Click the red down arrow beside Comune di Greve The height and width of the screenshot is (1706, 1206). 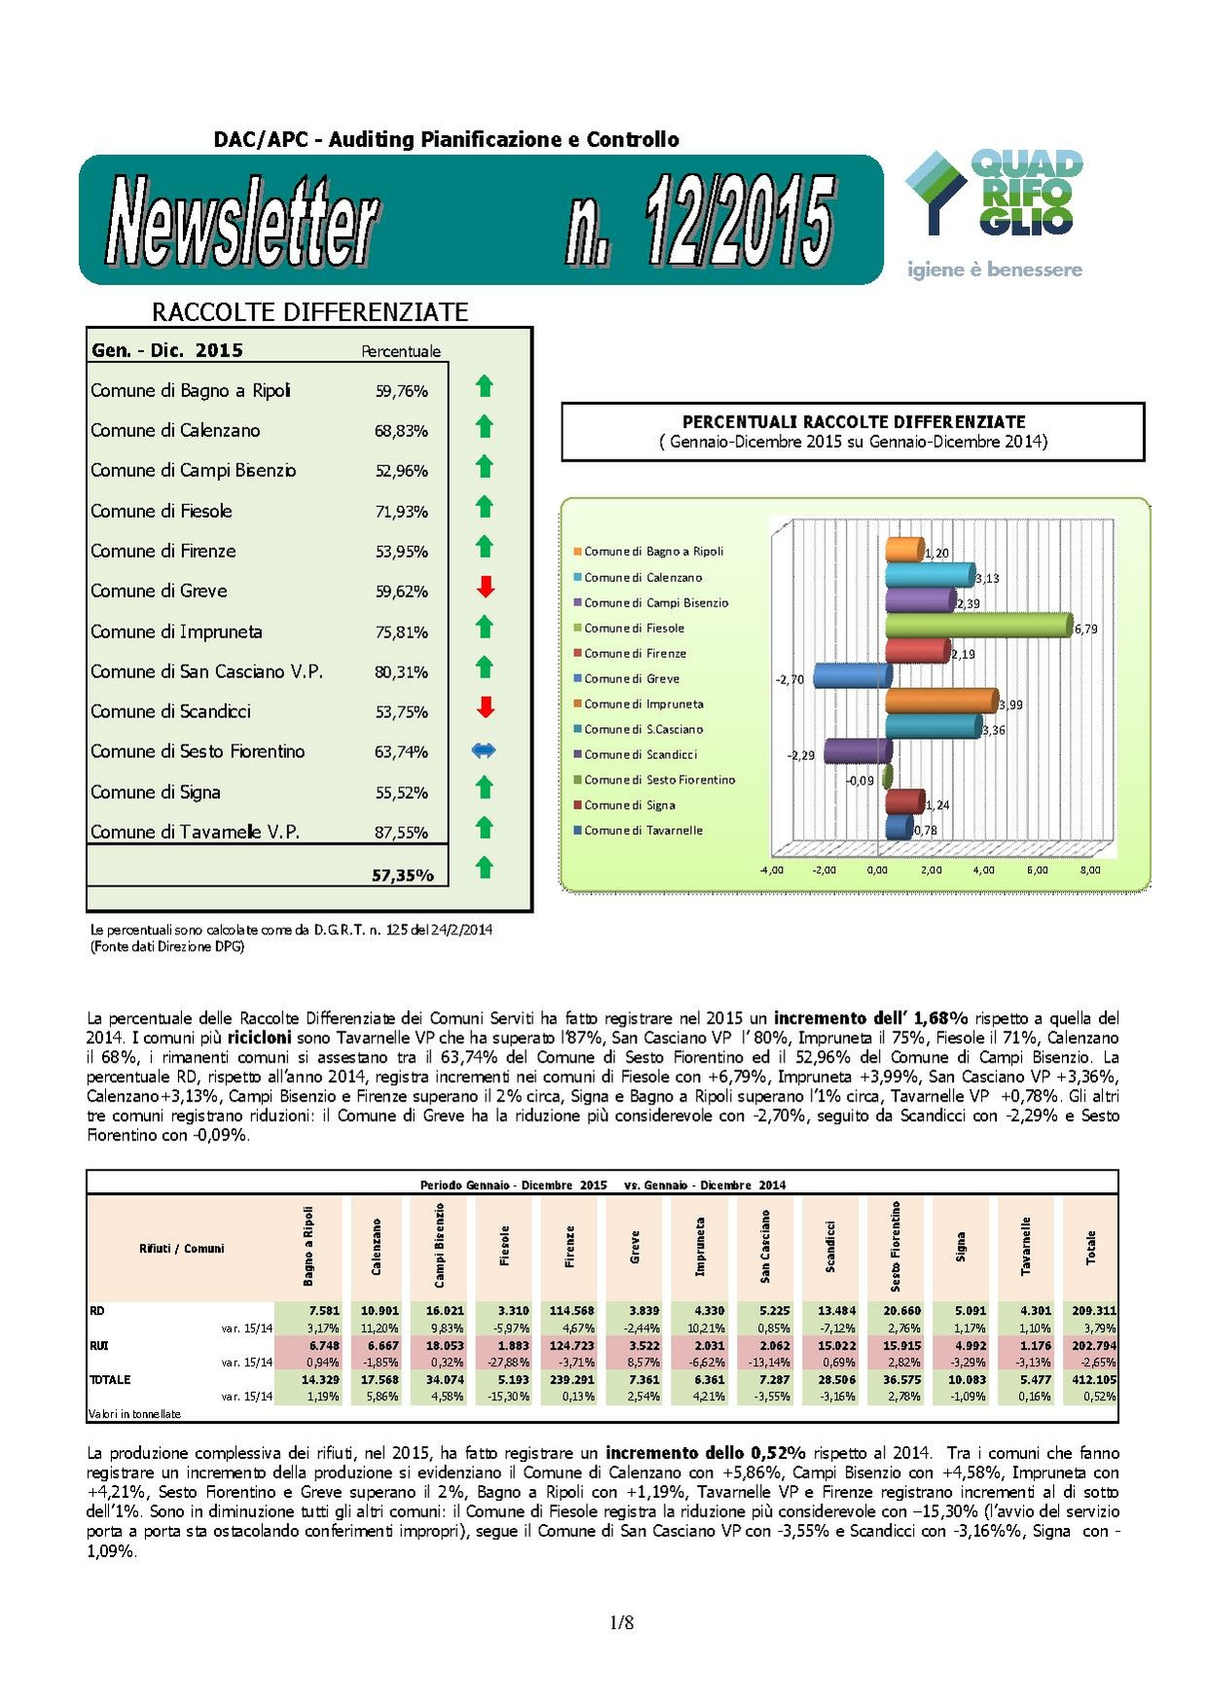pos(485,587)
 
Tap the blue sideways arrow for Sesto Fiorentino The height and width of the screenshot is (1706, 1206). pos(484,750)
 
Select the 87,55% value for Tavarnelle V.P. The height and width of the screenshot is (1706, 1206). pos(401,833)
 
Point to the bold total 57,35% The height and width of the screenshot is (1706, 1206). pos(402,876)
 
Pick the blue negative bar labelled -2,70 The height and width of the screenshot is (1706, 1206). pos(850,675)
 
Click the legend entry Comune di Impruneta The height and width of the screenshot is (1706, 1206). pos(643,704)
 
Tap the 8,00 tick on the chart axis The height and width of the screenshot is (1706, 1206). pos(1090,870)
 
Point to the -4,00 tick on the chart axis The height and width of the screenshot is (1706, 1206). pos(771,870)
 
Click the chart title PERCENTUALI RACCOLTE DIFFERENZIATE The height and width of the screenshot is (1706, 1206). pos(854,422)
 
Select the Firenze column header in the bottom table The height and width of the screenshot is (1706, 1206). pos(569,1247)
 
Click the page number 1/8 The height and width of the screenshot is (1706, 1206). pos(621,1622)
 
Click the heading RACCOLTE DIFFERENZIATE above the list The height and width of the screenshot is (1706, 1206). pos(310,312)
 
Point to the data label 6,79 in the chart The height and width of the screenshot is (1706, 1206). pos(1086,630)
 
